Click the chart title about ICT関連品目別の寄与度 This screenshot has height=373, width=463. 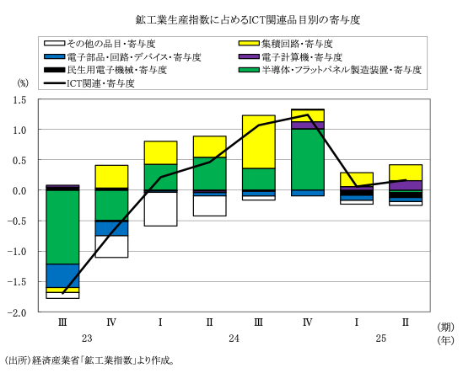[x=248, y=20]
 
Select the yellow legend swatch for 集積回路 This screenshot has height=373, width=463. [x=249, y=44]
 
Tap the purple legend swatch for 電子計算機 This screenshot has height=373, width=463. [x=249, y=56]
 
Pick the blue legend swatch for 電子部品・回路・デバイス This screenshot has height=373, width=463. [x=54, y=56]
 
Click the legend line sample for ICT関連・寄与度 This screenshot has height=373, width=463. [x=54, y=83]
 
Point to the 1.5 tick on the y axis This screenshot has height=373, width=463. [x=20, y=100]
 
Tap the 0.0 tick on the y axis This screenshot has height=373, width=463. [x=20, y=191]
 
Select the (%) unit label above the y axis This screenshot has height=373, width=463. [x=23, y=83]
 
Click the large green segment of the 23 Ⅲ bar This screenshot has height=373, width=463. [x=62, y=227]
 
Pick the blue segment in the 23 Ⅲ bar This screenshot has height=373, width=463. [x=62, y=276]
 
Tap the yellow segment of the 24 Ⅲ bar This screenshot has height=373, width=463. [x=259, y=141]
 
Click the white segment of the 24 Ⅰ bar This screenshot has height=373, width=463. [x=160, y=209]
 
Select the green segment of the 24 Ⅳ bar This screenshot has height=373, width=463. [x=308, y=159]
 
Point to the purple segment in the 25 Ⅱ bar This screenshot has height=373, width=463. [x=406, y=185]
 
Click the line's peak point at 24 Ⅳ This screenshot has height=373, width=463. [x=308, y=115]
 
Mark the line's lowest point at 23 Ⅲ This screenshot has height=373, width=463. [x=62, y=293]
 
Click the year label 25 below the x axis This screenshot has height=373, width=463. [x=381, y=338]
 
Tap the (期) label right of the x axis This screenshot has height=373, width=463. [x=445, y=327]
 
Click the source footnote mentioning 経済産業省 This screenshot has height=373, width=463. [x=89, y=360]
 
